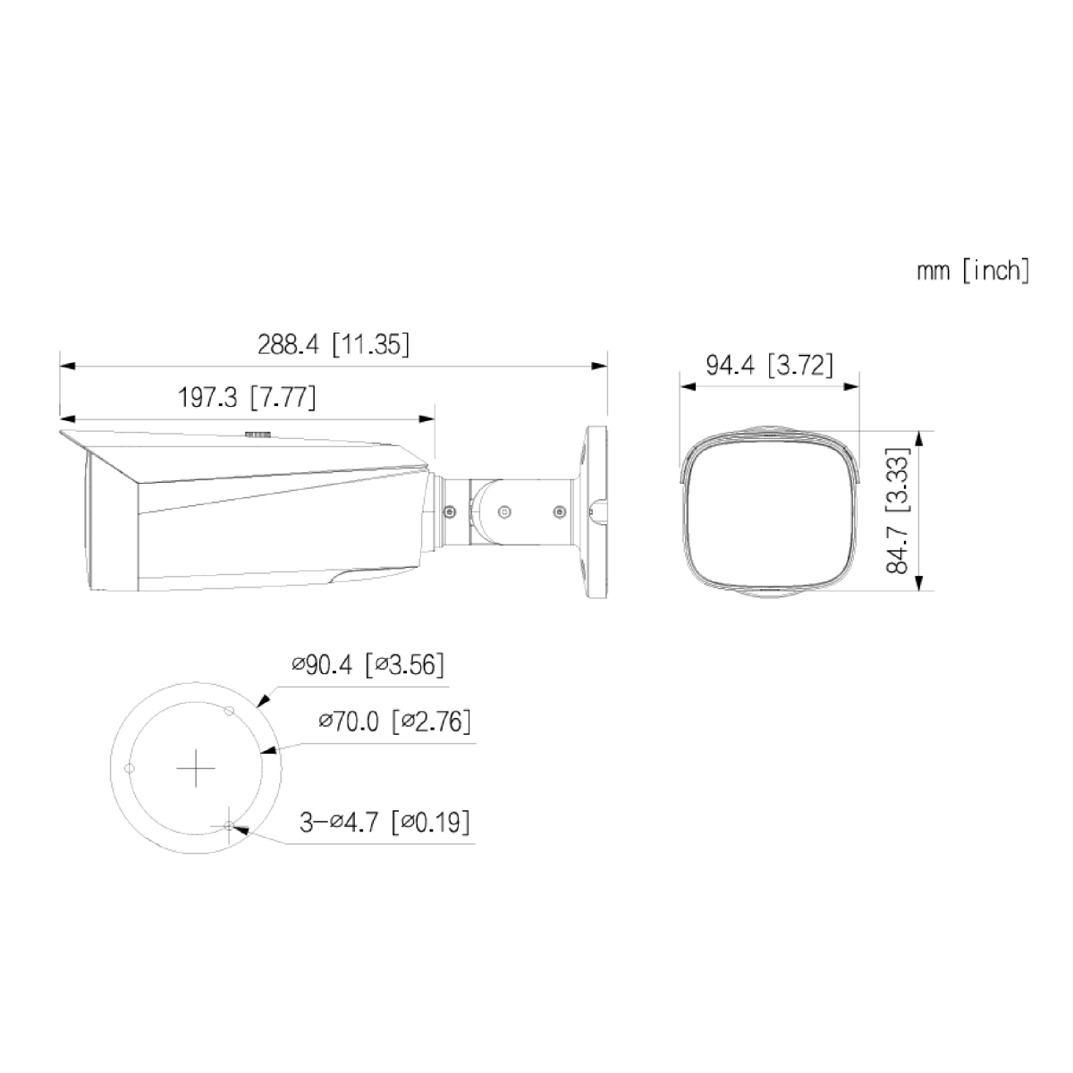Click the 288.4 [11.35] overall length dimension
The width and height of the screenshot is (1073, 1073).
[333, 344]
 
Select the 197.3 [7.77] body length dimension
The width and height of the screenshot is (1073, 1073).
[247, 398]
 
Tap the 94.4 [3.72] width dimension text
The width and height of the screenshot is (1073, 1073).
[770, 366]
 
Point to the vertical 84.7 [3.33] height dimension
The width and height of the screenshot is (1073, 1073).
[897, 510]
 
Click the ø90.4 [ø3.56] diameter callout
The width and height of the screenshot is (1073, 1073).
[368, 665]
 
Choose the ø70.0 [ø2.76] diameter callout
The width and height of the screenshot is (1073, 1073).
[394, 722]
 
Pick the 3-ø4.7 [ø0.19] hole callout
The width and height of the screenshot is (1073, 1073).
[384, 822]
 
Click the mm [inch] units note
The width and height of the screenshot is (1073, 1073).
[973, 271]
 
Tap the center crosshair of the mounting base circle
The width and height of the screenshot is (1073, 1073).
[196, 768]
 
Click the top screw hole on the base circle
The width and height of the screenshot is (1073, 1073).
[228, 711]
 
